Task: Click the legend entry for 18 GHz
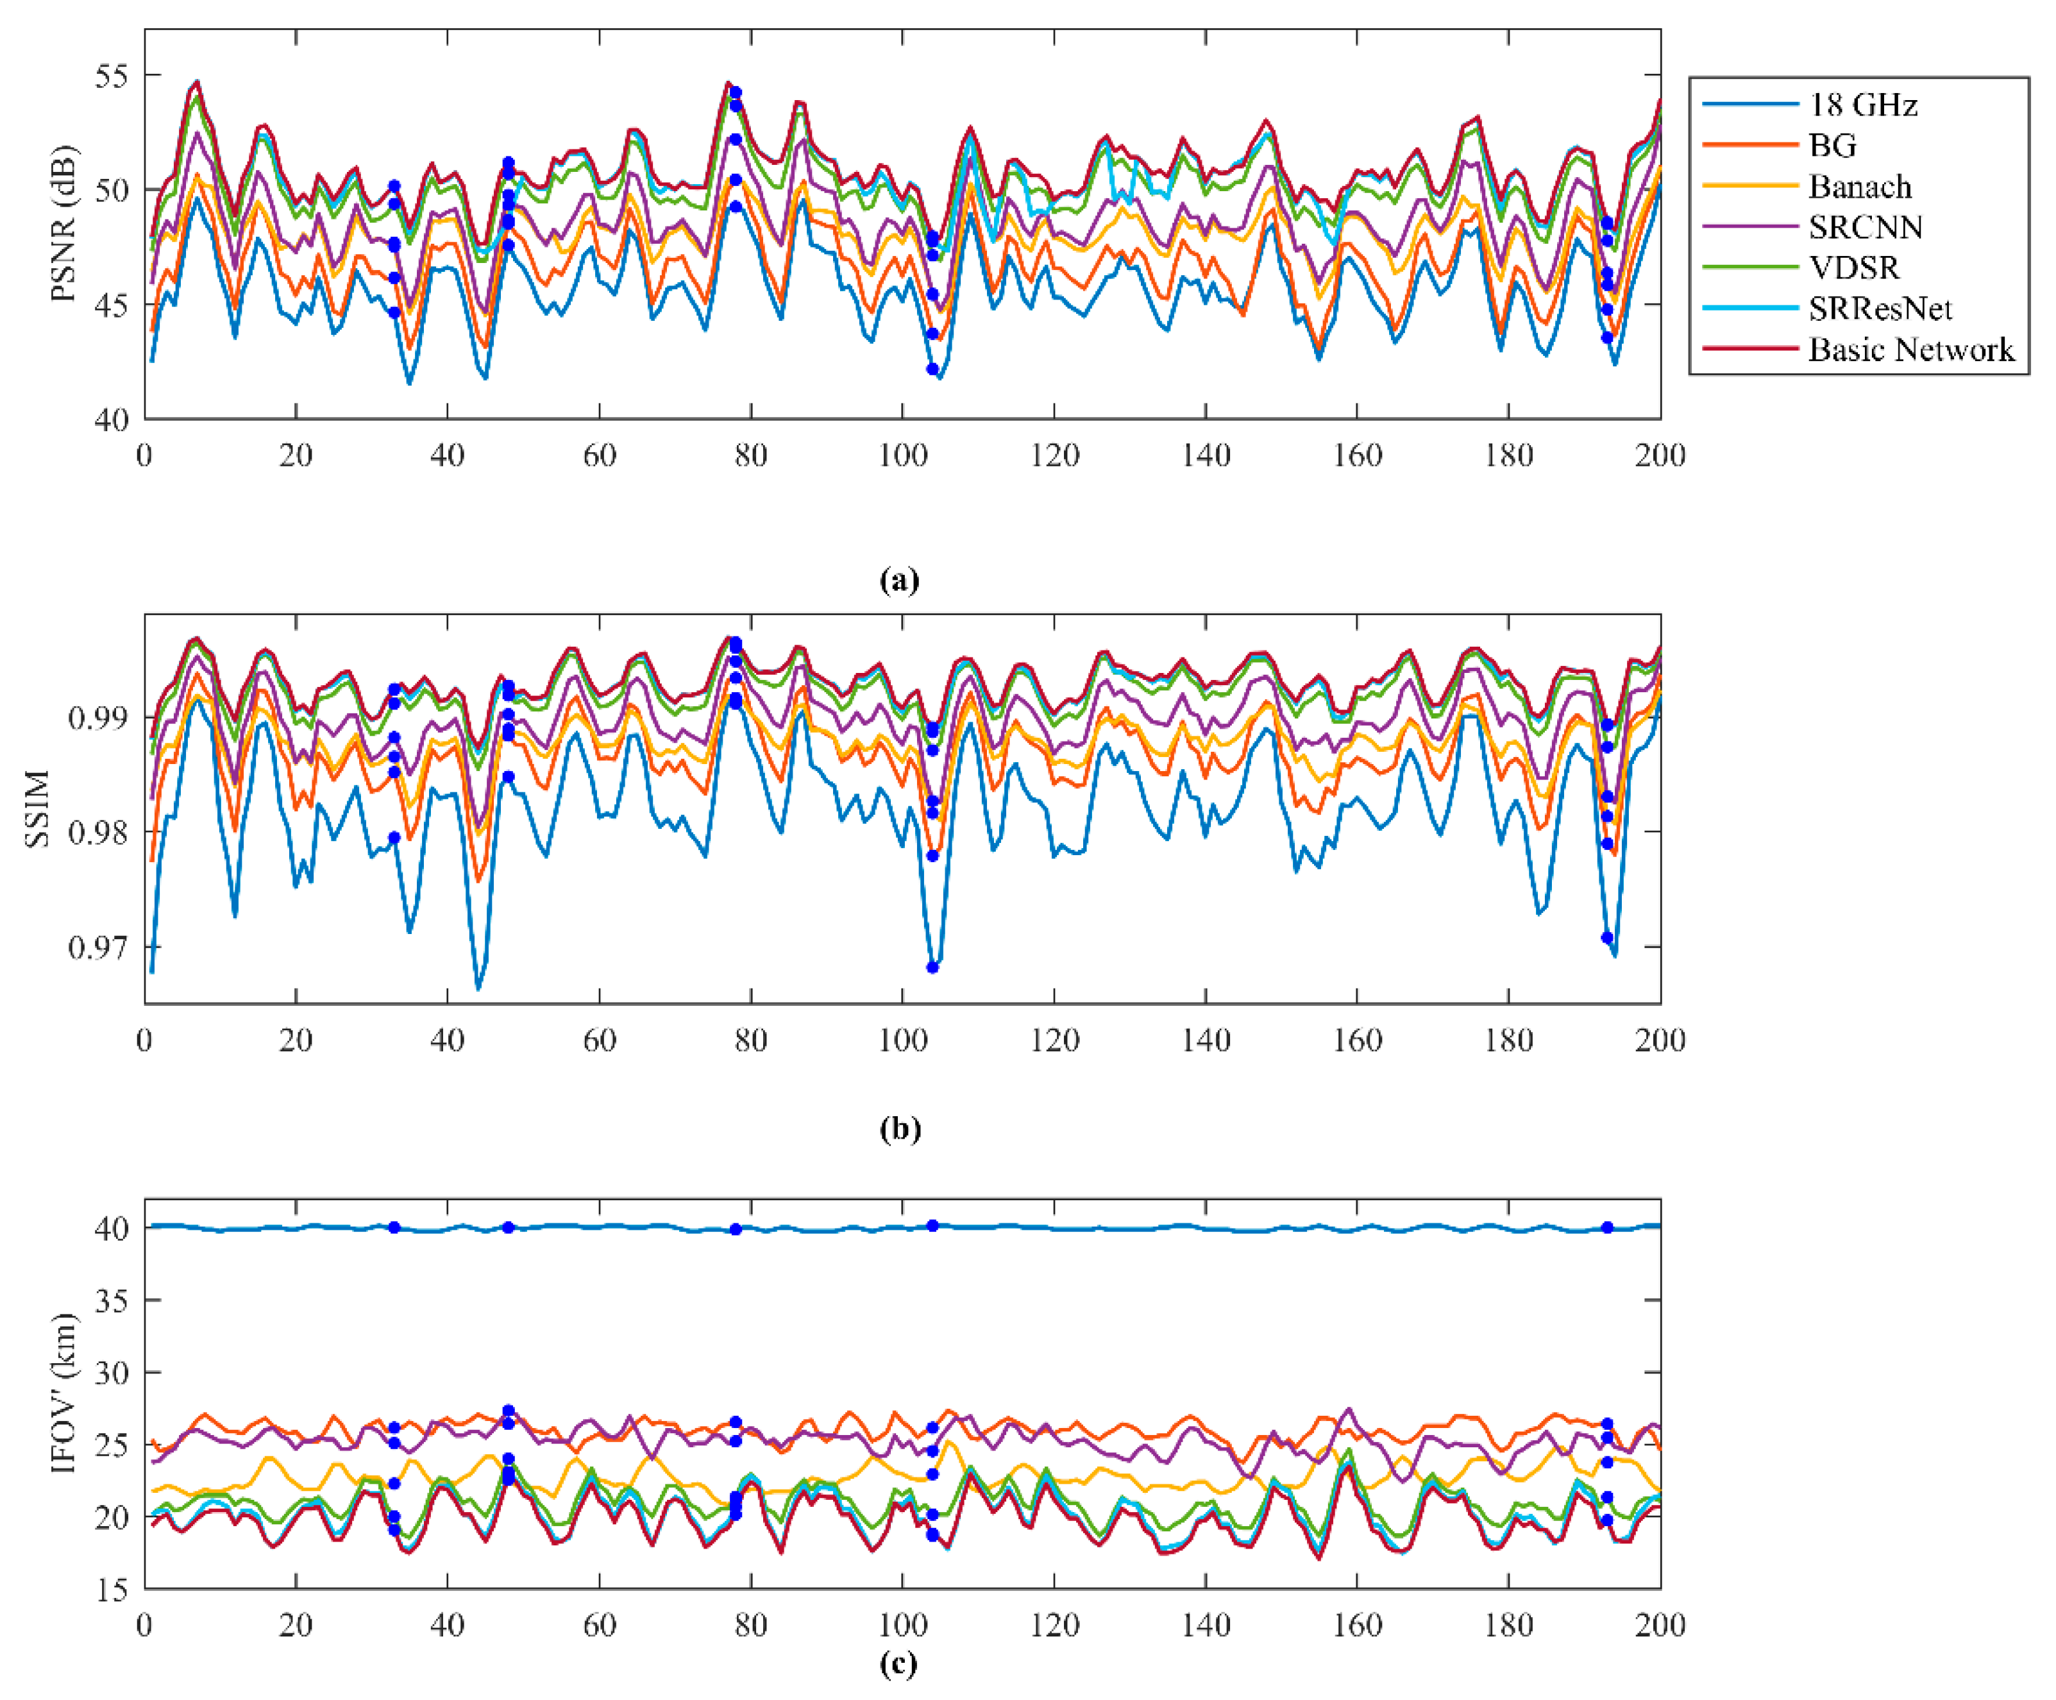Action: pyautogui.click(x=1861, y=105)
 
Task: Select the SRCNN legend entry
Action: pyautogui.click(x=1865, y=227)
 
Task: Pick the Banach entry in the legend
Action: pyautogui.click(x=1859, y=186)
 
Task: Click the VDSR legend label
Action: pyautogui.click(x=1853, y=268)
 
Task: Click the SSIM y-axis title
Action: pyautogui.click(x=37, y=809)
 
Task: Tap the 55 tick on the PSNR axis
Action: pyautogui.click(x=112, y=76)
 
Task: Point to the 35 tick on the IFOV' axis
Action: pyautogui.click(x=112, y=1300)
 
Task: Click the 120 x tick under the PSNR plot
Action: pyautogui.click(x=1054, y=455)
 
